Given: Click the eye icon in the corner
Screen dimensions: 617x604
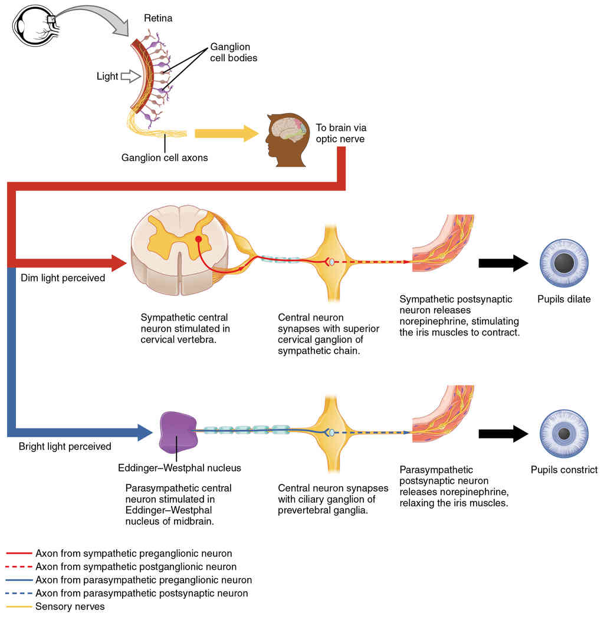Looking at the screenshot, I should [x=33, y=27].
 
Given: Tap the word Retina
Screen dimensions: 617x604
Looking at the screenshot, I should [x=158, y=19].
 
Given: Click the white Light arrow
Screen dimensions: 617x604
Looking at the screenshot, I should [x=129, y=76].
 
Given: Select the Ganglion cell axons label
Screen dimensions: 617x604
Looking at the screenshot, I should [x=165, y=157].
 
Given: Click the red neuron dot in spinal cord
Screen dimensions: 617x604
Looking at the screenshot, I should [x=199, y=240].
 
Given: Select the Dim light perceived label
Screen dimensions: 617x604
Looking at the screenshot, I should [x=63, y=278].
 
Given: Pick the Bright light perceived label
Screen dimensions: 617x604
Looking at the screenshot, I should [x=65, y=446].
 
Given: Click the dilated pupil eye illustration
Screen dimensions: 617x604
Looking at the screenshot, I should [x=564, y=262].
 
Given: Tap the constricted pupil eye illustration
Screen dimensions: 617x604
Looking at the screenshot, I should [x=564, y=434].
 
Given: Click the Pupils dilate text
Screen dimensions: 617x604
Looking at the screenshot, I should [x=564, y=299].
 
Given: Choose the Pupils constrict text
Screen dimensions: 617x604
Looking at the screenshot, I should [x=564, y=470].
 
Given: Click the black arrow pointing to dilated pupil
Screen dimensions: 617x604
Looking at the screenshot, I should [x=503, y=263].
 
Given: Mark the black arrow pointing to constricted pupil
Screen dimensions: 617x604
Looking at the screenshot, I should [x=503, y=434].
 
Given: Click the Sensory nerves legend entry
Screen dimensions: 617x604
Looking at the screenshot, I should [x=70, y=606].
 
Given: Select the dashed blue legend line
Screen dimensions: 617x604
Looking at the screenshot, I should [x=19, y=593].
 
